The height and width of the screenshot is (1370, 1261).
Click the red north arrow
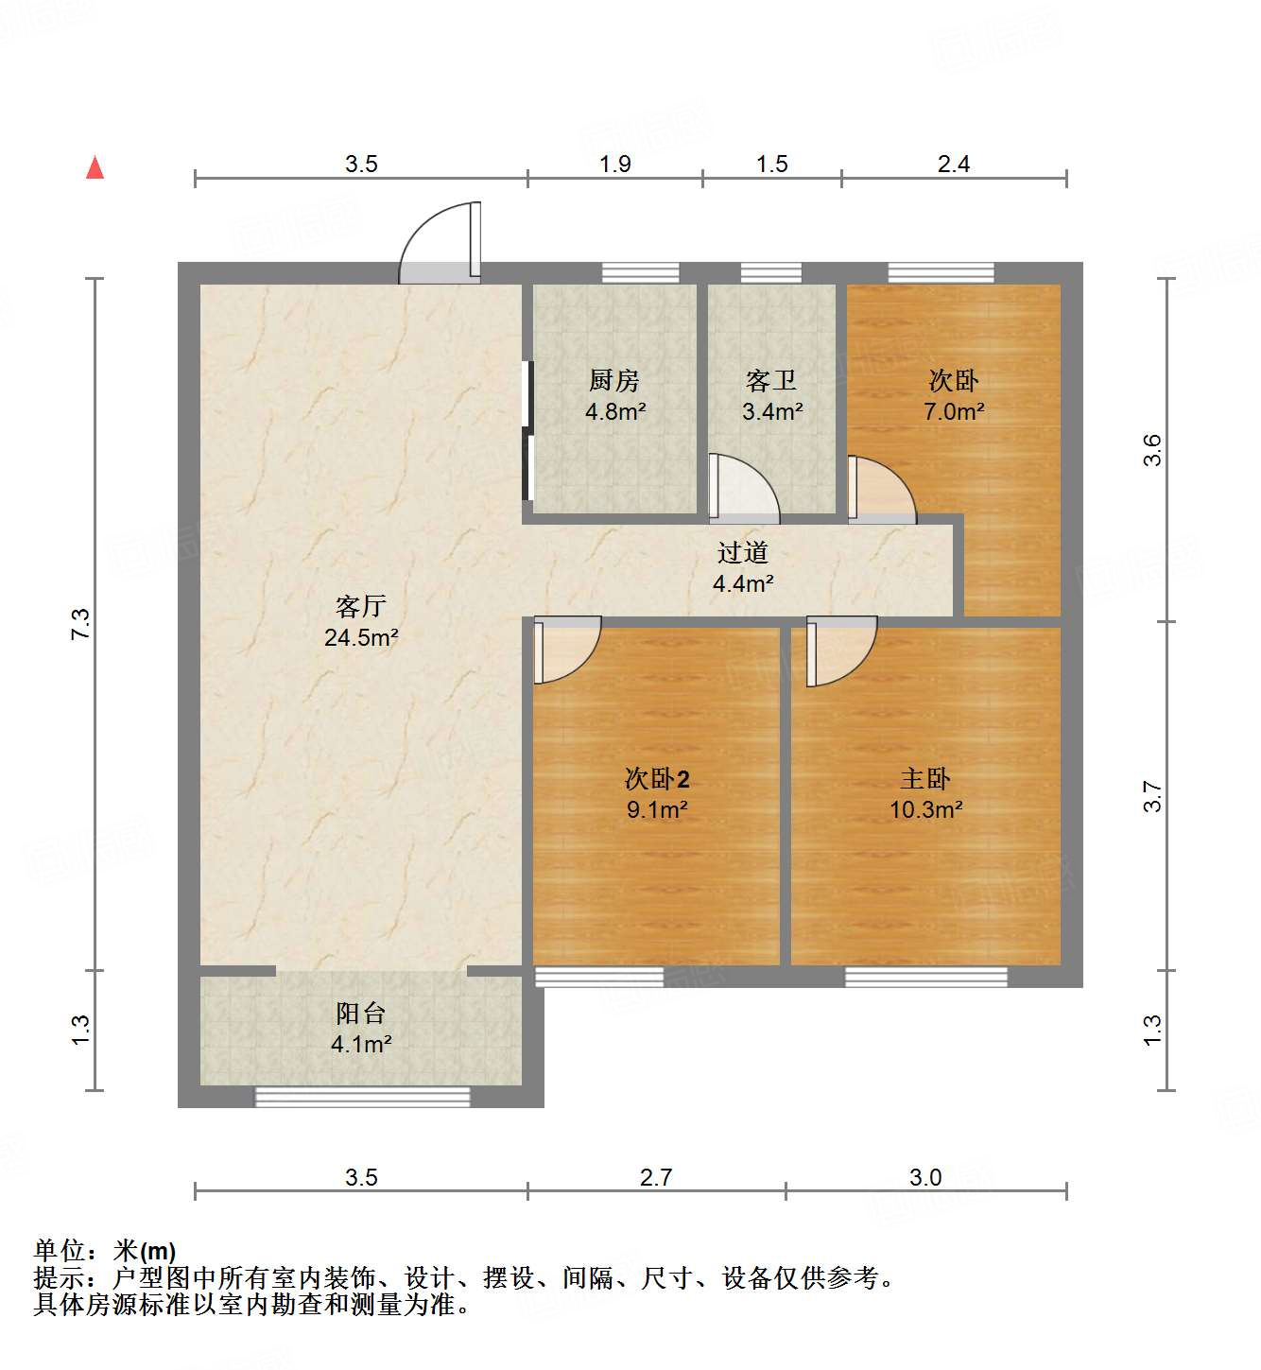click(x=95, y=167)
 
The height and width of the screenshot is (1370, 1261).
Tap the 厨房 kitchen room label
click(x=614, y=381)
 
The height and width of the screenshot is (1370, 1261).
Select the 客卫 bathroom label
click(x=771, y=381)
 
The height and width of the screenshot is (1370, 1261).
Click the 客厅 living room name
click(x=360, y=606)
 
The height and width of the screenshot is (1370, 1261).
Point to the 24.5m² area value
click(x=360, y=638)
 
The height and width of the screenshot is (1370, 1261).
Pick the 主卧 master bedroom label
click(x=925, y=779)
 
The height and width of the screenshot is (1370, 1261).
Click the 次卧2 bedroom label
click(x=657, y=779)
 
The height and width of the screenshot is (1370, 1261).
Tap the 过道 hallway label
click(x=743, y=553)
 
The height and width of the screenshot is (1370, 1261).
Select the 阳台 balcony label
click(x=360, y=1014)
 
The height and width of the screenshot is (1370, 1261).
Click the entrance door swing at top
click(x=441, y=245)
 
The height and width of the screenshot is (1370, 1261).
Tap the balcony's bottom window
click(x=363, y=1097)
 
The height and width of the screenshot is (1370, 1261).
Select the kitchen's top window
click(x=641, y=273)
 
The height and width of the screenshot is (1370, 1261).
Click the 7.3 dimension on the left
click(x=81, y=624)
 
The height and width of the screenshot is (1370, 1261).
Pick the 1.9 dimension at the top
click(x=614, y=165)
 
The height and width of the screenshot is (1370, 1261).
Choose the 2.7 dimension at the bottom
click(x=656, y=1178)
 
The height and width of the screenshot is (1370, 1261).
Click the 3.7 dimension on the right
click(x=1152, y=796)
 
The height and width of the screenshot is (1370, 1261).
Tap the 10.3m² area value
click(x=925, y=810)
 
